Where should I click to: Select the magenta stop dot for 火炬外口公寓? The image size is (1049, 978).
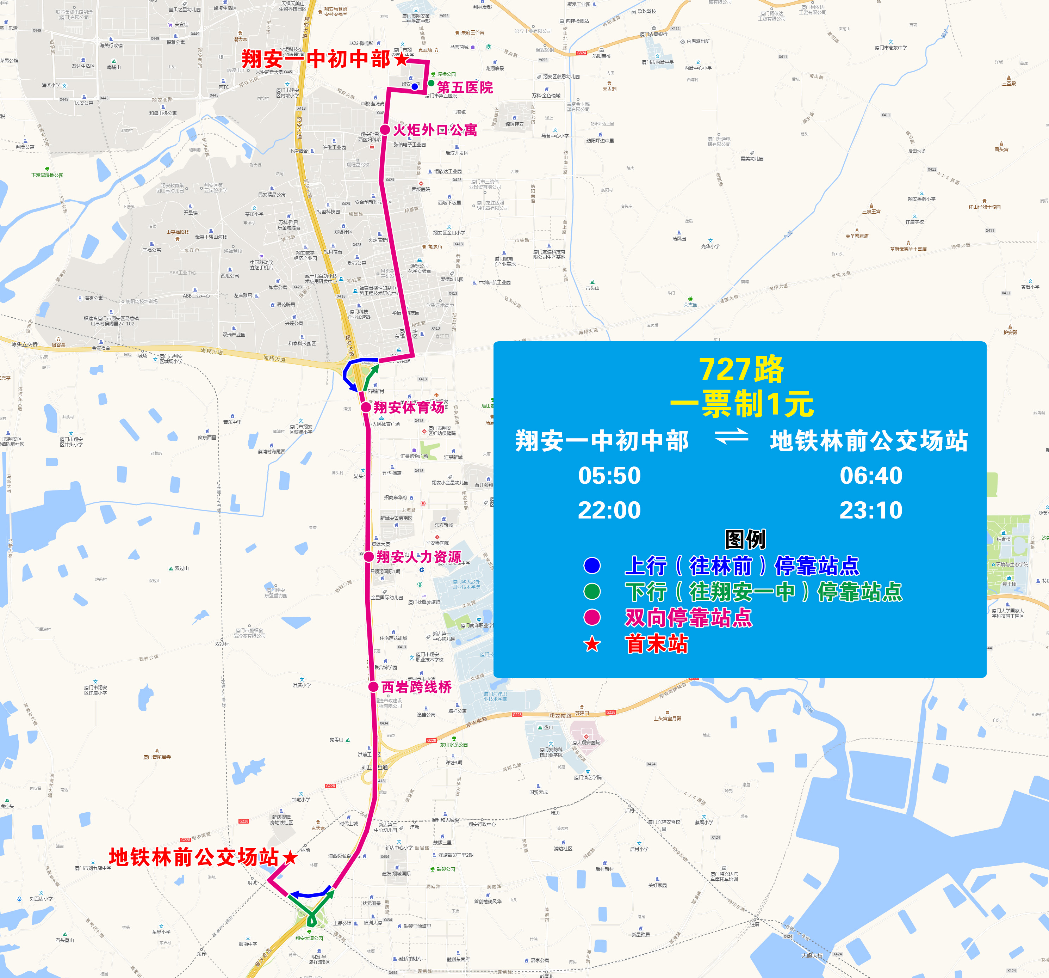[385, 130]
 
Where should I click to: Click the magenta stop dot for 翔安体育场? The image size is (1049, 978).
[366, 407]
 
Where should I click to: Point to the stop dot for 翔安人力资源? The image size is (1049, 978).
[369, 557]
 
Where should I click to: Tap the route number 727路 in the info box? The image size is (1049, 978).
[741, 369]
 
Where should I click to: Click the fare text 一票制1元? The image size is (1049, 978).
[741, 404]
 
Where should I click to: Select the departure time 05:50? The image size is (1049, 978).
[609, 475]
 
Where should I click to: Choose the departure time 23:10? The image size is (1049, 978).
[871, 510]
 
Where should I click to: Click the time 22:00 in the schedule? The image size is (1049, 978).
[609, 510]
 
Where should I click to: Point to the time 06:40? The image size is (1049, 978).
[871, 475]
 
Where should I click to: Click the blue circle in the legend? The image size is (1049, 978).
[592, 566]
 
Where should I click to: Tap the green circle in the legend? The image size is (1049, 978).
[592, 592]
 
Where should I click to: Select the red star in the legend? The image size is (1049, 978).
[592, 644]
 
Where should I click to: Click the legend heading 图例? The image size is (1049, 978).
[745, 539]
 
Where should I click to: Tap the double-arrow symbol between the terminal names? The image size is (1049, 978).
[731, 437]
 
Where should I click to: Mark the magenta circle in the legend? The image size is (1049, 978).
[592, 617]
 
